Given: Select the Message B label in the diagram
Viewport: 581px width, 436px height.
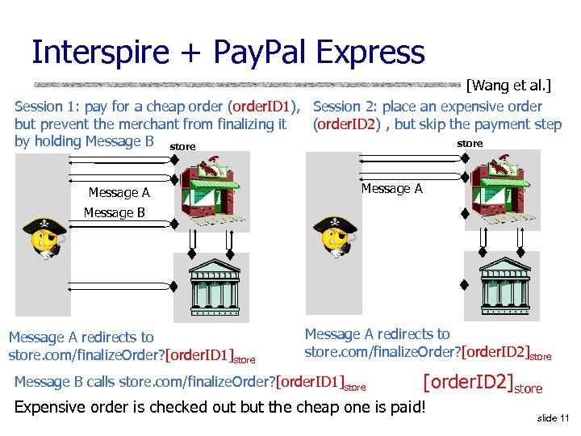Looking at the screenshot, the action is pyautogui.click(x=114, y=212).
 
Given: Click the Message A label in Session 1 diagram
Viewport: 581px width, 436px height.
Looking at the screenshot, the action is pyautogui.click(x=119, y=193).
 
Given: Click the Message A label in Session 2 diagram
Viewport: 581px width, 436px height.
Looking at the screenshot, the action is pyautogui.click(x=391, y=189).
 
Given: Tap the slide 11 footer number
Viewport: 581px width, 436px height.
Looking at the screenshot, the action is pyautogui.click(x=552, y=417).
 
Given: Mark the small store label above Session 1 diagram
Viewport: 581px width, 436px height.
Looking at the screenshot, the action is pyautogui.click(x=183, y=147).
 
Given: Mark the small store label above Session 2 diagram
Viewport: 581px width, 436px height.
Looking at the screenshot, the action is pyautogui.click(x=470, y=143).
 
